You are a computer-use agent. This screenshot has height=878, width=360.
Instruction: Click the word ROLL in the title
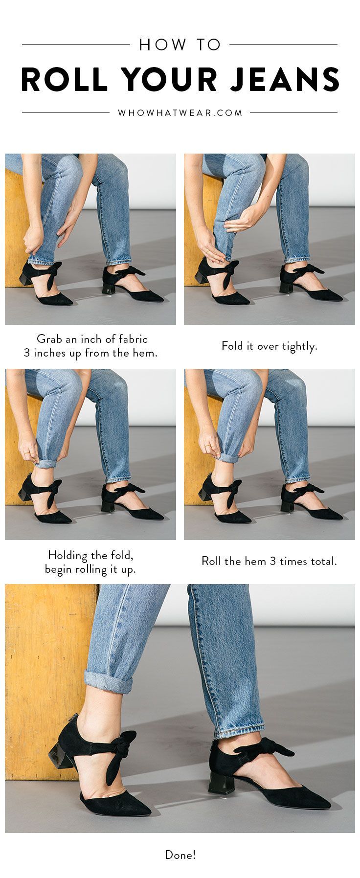(x=64, y=79)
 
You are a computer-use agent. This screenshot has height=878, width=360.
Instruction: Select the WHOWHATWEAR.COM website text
(x=180, y=113)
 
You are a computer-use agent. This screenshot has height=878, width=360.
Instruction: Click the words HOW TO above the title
(x=180, y=45)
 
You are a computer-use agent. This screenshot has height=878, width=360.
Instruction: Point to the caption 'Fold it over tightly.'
(x=270, y=346)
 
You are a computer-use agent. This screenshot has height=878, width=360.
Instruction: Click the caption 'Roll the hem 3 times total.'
(x=270, y=561)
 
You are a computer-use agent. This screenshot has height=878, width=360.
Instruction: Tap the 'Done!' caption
(x=180, y=855)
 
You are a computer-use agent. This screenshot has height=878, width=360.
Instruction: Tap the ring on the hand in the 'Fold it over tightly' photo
(x=207, y=252)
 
